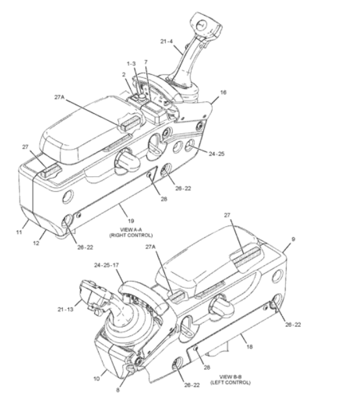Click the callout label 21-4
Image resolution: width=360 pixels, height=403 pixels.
(166, 41)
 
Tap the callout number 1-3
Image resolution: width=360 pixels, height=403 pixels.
(131, 64)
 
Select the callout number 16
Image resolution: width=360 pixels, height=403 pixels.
(223, 93)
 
